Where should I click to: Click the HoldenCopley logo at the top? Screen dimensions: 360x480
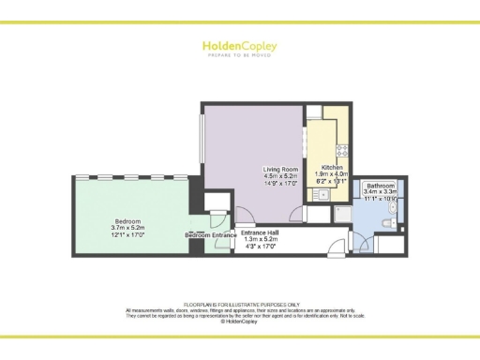(x=239, y=44)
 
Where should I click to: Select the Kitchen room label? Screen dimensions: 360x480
(x=330, y=166)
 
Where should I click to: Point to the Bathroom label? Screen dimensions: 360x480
(x=380, y=186)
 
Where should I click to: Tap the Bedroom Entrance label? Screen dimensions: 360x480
(x=210, y=235)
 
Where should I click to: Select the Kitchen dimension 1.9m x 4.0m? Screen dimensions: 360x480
(x=330, y=173)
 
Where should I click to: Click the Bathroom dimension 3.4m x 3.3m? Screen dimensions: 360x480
(x=380, y=193)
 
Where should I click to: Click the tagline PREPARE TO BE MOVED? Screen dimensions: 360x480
(x=239, y=54)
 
